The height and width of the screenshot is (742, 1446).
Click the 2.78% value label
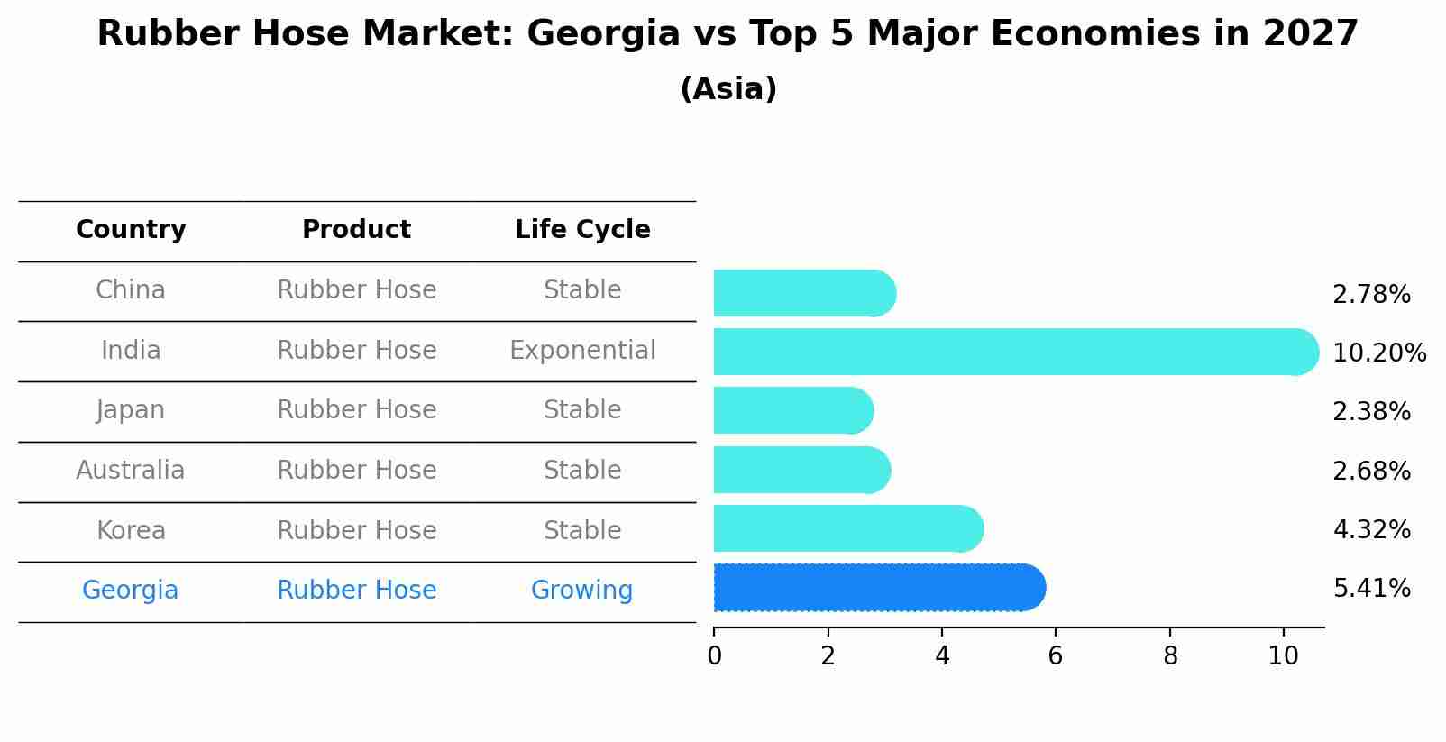coord(1371,295)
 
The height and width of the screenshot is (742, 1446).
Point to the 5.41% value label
coord(1371,589)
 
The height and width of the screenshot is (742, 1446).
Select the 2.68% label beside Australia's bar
coord(1371,471)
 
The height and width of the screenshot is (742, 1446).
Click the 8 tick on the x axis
coord(1170,656)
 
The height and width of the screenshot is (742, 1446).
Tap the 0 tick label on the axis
coord(715,656)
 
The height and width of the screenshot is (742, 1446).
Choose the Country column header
coord(131,230)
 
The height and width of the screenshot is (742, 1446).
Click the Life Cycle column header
coord(582,230)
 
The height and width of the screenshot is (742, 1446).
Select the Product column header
coord(356,230)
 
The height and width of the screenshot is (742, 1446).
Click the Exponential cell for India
coord(582,351)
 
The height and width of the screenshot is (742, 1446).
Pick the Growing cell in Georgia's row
coord(581,591)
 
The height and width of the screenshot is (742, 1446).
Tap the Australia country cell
coord(131,471)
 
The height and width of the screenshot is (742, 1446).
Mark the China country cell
coord(131,290)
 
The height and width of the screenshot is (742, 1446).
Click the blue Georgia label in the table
coord(131,591)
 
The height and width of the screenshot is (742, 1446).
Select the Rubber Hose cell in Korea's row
coord(356,530)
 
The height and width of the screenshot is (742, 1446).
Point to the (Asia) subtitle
coord(728,89)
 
